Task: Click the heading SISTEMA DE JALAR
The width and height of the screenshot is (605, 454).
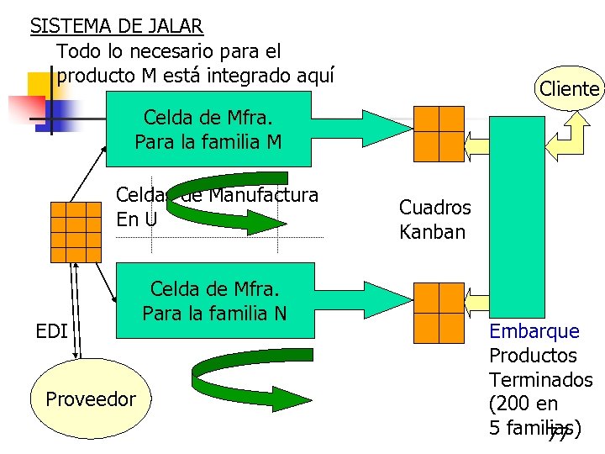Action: pyautogui.click(x=116, y=25)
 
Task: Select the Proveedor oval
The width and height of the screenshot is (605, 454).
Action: pyautogui.click(x=90, y=399)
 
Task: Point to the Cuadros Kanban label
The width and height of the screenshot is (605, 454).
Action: pyautogui.click(x=434, y=219)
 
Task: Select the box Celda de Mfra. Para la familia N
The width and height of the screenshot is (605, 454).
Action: pyautogui.click(x=214, y=301)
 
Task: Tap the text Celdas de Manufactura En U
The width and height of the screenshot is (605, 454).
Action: pyautogui.click(x=217, y=208)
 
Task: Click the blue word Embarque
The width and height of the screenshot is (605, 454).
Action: pyautogui.click(x=534, y=331)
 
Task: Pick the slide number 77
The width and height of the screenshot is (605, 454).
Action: pyautogui.click(x=556, y=434)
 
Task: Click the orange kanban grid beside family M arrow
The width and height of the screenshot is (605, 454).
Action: pyautogui.click(x=439, y=133)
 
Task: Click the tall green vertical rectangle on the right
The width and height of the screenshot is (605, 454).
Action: pyautogui.click(x=516, y=219)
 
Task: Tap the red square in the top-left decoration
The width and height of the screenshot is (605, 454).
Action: pyautogui.click(x=26, y=108)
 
